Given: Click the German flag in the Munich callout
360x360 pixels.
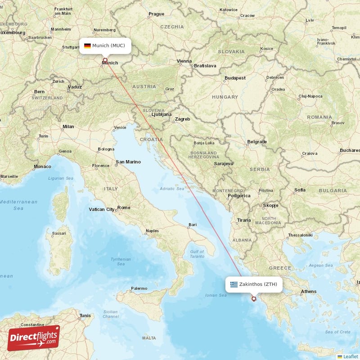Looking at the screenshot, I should tap(87, 45).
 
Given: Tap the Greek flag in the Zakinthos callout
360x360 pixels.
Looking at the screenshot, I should tap(234, 284).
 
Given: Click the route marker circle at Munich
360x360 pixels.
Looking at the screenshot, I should tap(105, 60).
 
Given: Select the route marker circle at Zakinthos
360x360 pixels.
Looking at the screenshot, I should tap(254, 299).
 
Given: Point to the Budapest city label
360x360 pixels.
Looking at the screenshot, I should tap(235, 78).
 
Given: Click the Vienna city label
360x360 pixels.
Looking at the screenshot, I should tap(184, 61).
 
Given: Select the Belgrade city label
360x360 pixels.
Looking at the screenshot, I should tap(257, 142).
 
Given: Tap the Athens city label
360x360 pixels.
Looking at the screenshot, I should tap(309, 292).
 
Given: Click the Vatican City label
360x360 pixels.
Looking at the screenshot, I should tap(101, 209).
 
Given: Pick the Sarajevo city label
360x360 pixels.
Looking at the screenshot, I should tap(224, 164).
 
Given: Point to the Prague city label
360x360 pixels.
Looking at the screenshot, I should tap(156, 14).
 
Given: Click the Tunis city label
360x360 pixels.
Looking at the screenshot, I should tap(85, 315).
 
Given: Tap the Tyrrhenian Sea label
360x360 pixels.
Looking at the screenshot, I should tap(121, 262).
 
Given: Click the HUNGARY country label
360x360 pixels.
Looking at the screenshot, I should tap(225, 97).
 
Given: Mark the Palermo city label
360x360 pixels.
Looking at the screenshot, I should tap(139, 288).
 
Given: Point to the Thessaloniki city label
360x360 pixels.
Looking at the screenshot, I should tap(300, 235).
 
